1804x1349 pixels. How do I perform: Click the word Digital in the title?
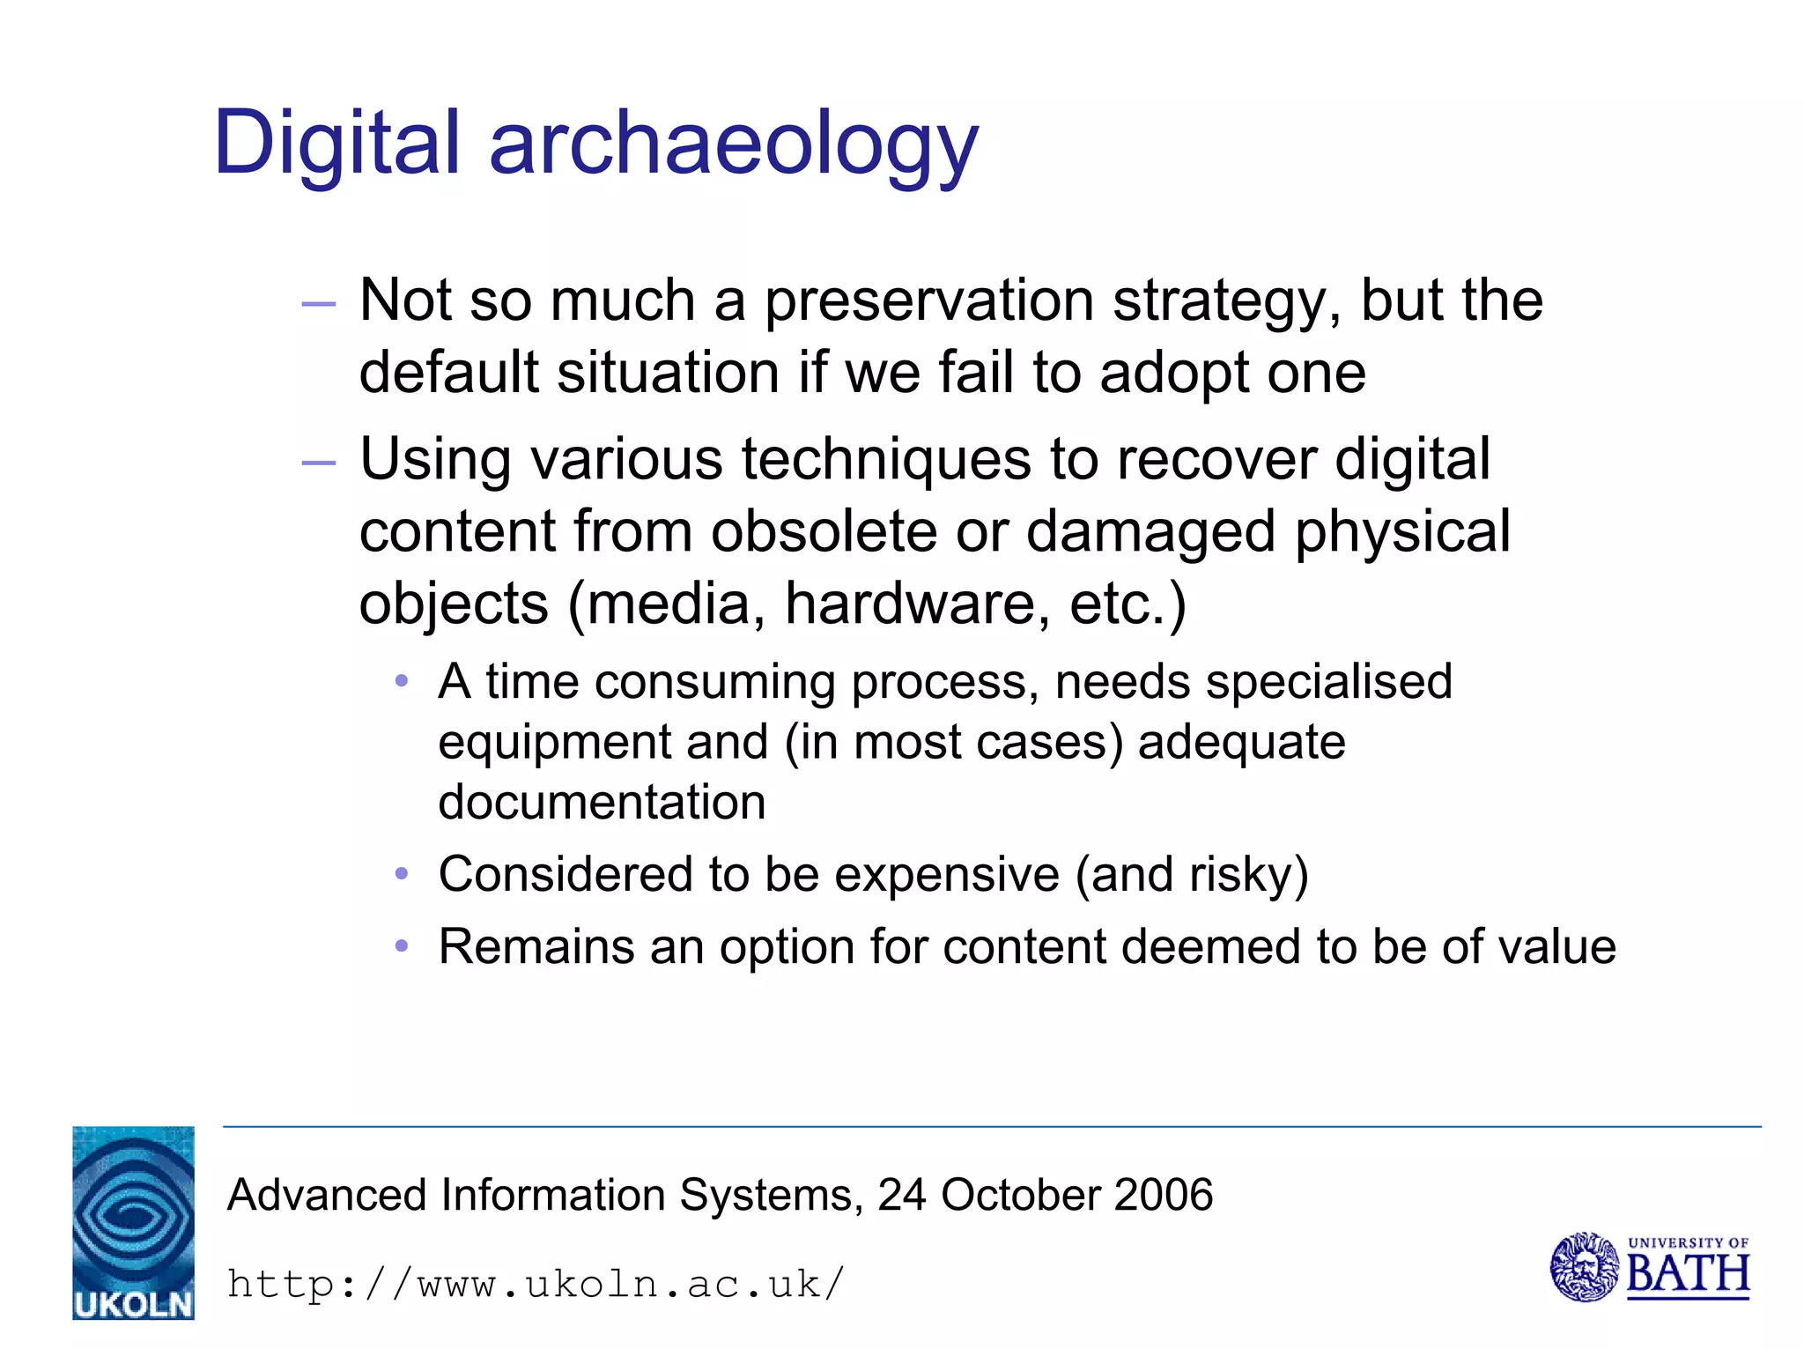[336, 143]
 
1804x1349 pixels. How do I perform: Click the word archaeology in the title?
[733, 145]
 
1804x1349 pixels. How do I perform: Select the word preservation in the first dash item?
[928, 301]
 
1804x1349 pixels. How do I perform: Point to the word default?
[448, 372]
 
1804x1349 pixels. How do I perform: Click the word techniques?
[886, 461]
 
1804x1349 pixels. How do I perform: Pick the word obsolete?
[824, 531]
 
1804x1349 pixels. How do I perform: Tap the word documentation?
[602, 803]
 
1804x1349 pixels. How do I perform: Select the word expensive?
[947, 875]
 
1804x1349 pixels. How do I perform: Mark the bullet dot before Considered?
[402, 874]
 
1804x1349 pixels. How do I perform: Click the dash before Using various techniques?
[318, 463]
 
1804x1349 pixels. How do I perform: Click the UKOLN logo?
[133, 1223]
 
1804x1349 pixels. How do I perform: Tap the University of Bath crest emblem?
[1584, 1267]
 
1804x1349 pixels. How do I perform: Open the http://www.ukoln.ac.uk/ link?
[536, 1284]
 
